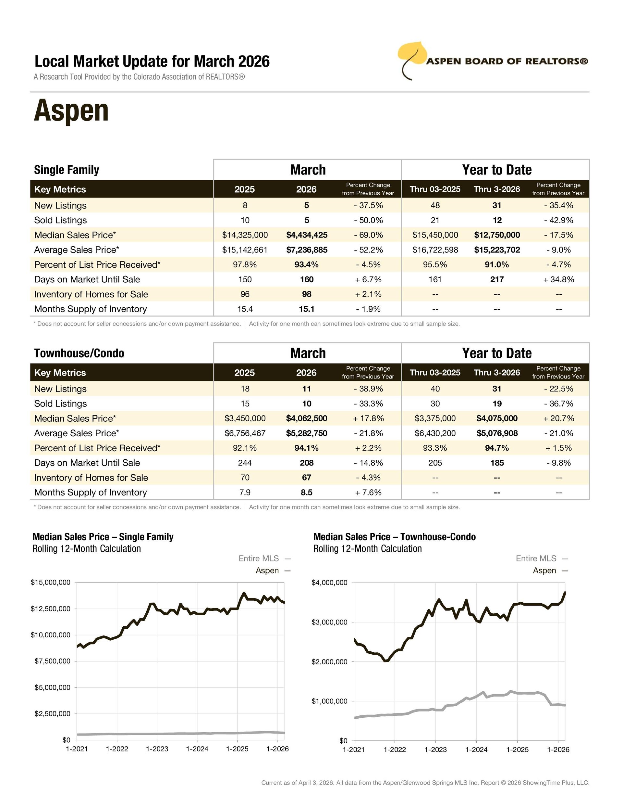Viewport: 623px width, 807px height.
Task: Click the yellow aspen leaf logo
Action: click(x=411, y=56)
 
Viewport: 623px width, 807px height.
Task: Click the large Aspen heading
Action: click(x=71, y=110)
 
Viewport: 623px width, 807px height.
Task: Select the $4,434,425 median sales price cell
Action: click(x=307, y=235)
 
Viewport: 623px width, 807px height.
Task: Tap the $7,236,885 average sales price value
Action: click(x=307, y=250)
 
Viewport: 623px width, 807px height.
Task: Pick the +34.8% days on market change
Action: click(x=558, y=279)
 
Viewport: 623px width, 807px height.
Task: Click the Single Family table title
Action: click(x=67, y=170)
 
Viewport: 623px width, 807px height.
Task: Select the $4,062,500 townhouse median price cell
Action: click(x=307, y=418)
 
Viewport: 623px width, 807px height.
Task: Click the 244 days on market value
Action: click(x=245, y=463)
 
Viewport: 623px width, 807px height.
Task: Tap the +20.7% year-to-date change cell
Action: click(x=558, y=418)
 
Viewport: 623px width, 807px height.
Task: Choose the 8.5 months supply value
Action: click(x=307, y=492)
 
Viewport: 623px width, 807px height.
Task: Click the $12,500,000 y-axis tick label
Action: click(x=51, y=608)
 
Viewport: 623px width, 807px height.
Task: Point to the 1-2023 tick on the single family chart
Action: click(x=157, y=749)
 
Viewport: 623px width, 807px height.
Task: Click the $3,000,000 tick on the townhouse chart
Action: click(x=330, y=622)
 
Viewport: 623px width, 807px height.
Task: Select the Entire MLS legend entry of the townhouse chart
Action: click(x=542, y=558)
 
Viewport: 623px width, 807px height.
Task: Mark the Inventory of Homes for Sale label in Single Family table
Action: click(x=91, y=294)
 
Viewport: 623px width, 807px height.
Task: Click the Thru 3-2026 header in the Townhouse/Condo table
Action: click(x=497, y=372)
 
